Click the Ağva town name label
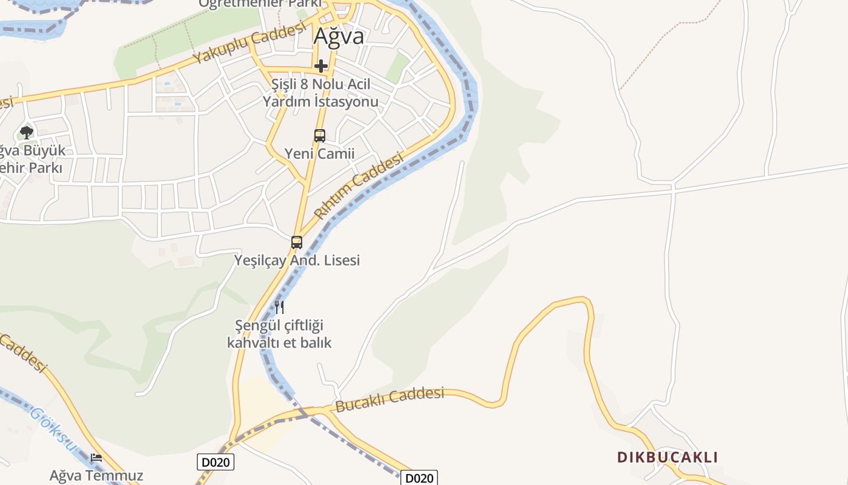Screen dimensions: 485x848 tap(339, 36)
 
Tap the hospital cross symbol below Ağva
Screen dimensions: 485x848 tap(320, 65)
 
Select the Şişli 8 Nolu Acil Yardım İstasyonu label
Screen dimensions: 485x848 tap(320, 93)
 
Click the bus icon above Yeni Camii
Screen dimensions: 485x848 tap(320, 136)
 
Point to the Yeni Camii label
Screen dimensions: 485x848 tap(320, 154)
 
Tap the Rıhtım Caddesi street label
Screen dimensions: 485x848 tap(359, 186)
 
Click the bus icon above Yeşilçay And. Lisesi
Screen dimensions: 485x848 tap(297, 242)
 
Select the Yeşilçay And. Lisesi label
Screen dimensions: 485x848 tap(297, 260)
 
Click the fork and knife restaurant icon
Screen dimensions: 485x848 tap(279, 307)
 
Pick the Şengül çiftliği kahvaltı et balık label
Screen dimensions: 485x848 tap(279, 334)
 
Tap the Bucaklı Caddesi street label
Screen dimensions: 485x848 tap(389, 400)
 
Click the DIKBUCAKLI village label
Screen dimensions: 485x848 tap(667, 457)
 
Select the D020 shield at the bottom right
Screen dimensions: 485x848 tap(419, 478)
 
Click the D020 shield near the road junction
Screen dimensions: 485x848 tap(216, 463)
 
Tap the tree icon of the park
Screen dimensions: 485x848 tap(26, 132)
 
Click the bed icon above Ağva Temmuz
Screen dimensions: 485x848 tap(96, 458)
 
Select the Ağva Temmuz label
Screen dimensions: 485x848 tap(96, 475)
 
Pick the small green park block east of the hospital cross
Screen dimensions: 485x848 tap(397, 68)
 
